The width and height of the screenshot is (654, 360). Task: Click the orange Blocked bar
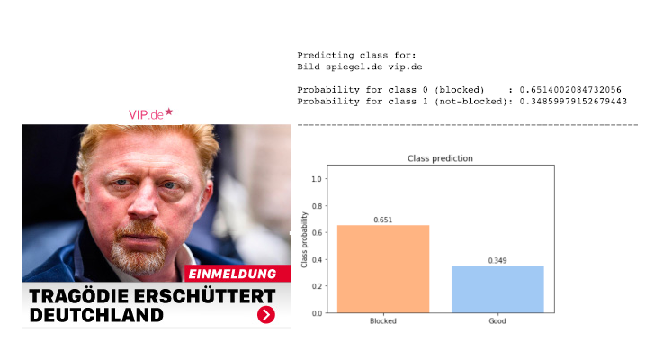[x=383, y=268]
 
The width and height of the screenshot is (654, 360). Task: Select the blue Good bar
[x=497, y=289]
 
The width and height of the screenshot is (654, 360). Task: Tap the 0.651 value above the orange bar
[x=383, y=220]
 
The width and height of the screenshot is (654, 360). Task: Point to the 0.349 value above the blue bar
[x=497, y=261]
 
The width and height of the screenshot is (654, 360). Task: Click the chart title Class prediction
[x=440, y=158]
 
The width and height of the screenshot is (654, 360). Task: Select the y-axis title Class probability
[x=304, y=239]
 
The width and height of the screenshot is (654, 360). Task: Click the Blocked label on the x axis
[x=383, y=320]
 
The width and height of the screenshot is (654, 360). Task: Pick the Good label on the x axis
[x=497, y=320]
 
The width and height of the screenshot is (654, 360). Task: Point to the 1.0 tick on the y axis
[x=317, y=179]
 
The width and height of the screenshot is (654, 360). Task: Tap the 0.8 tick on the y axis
[x=317, y=206]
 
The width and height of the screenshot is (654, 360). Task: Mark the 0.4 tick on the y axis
[x=317, y=259]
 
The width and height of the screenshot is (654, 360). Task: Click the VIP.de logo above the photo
[x=150, y=114]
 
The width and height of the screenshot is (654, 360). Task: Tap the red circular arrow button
[x=266, y=314]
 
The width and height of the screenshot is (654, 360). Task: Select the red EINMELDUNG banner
[x=237, y=274]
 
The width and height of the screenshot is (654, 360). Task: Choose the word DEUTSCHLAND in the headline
[x=96, y=315]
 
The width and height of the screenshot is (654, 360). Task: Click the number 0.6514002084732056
[x=570, y=90]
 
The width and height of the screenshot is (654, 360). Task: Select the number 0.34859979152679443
[x=573, y=102]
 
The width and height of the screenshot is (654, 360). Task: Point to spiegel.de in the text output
[x=354, y=67]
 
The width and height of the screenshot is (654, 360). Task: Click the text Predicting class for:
[x=356, y=56]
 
